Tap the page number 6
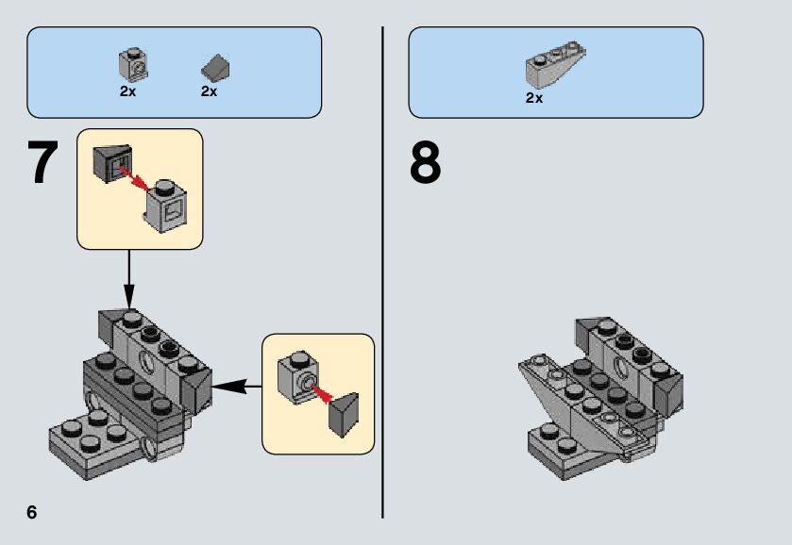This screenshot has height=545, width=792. pyautogui.click(x=32, y=512)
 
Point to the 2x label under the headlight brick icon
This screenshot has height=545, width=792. pyautogui.click(x=128, y=91)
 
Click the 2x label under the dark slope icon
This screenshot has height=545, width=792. pyautogui.click(x=210, y=91)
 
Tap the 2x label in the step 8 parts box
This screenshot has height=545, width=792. pyautogui.click(x=534, y=97)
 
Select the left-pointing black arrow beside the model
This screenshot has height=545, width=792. pyautogui.click(x=235, y=385)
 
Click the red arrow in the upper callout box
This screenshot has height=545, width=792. pyautogui.click(x=132, y=176)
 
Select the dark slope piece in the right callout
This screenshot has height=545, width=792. pyautogui.click(x=344, y=415)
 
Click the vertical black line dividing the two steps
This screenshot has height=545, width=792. pyautogui.click(x=382, y=273)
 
